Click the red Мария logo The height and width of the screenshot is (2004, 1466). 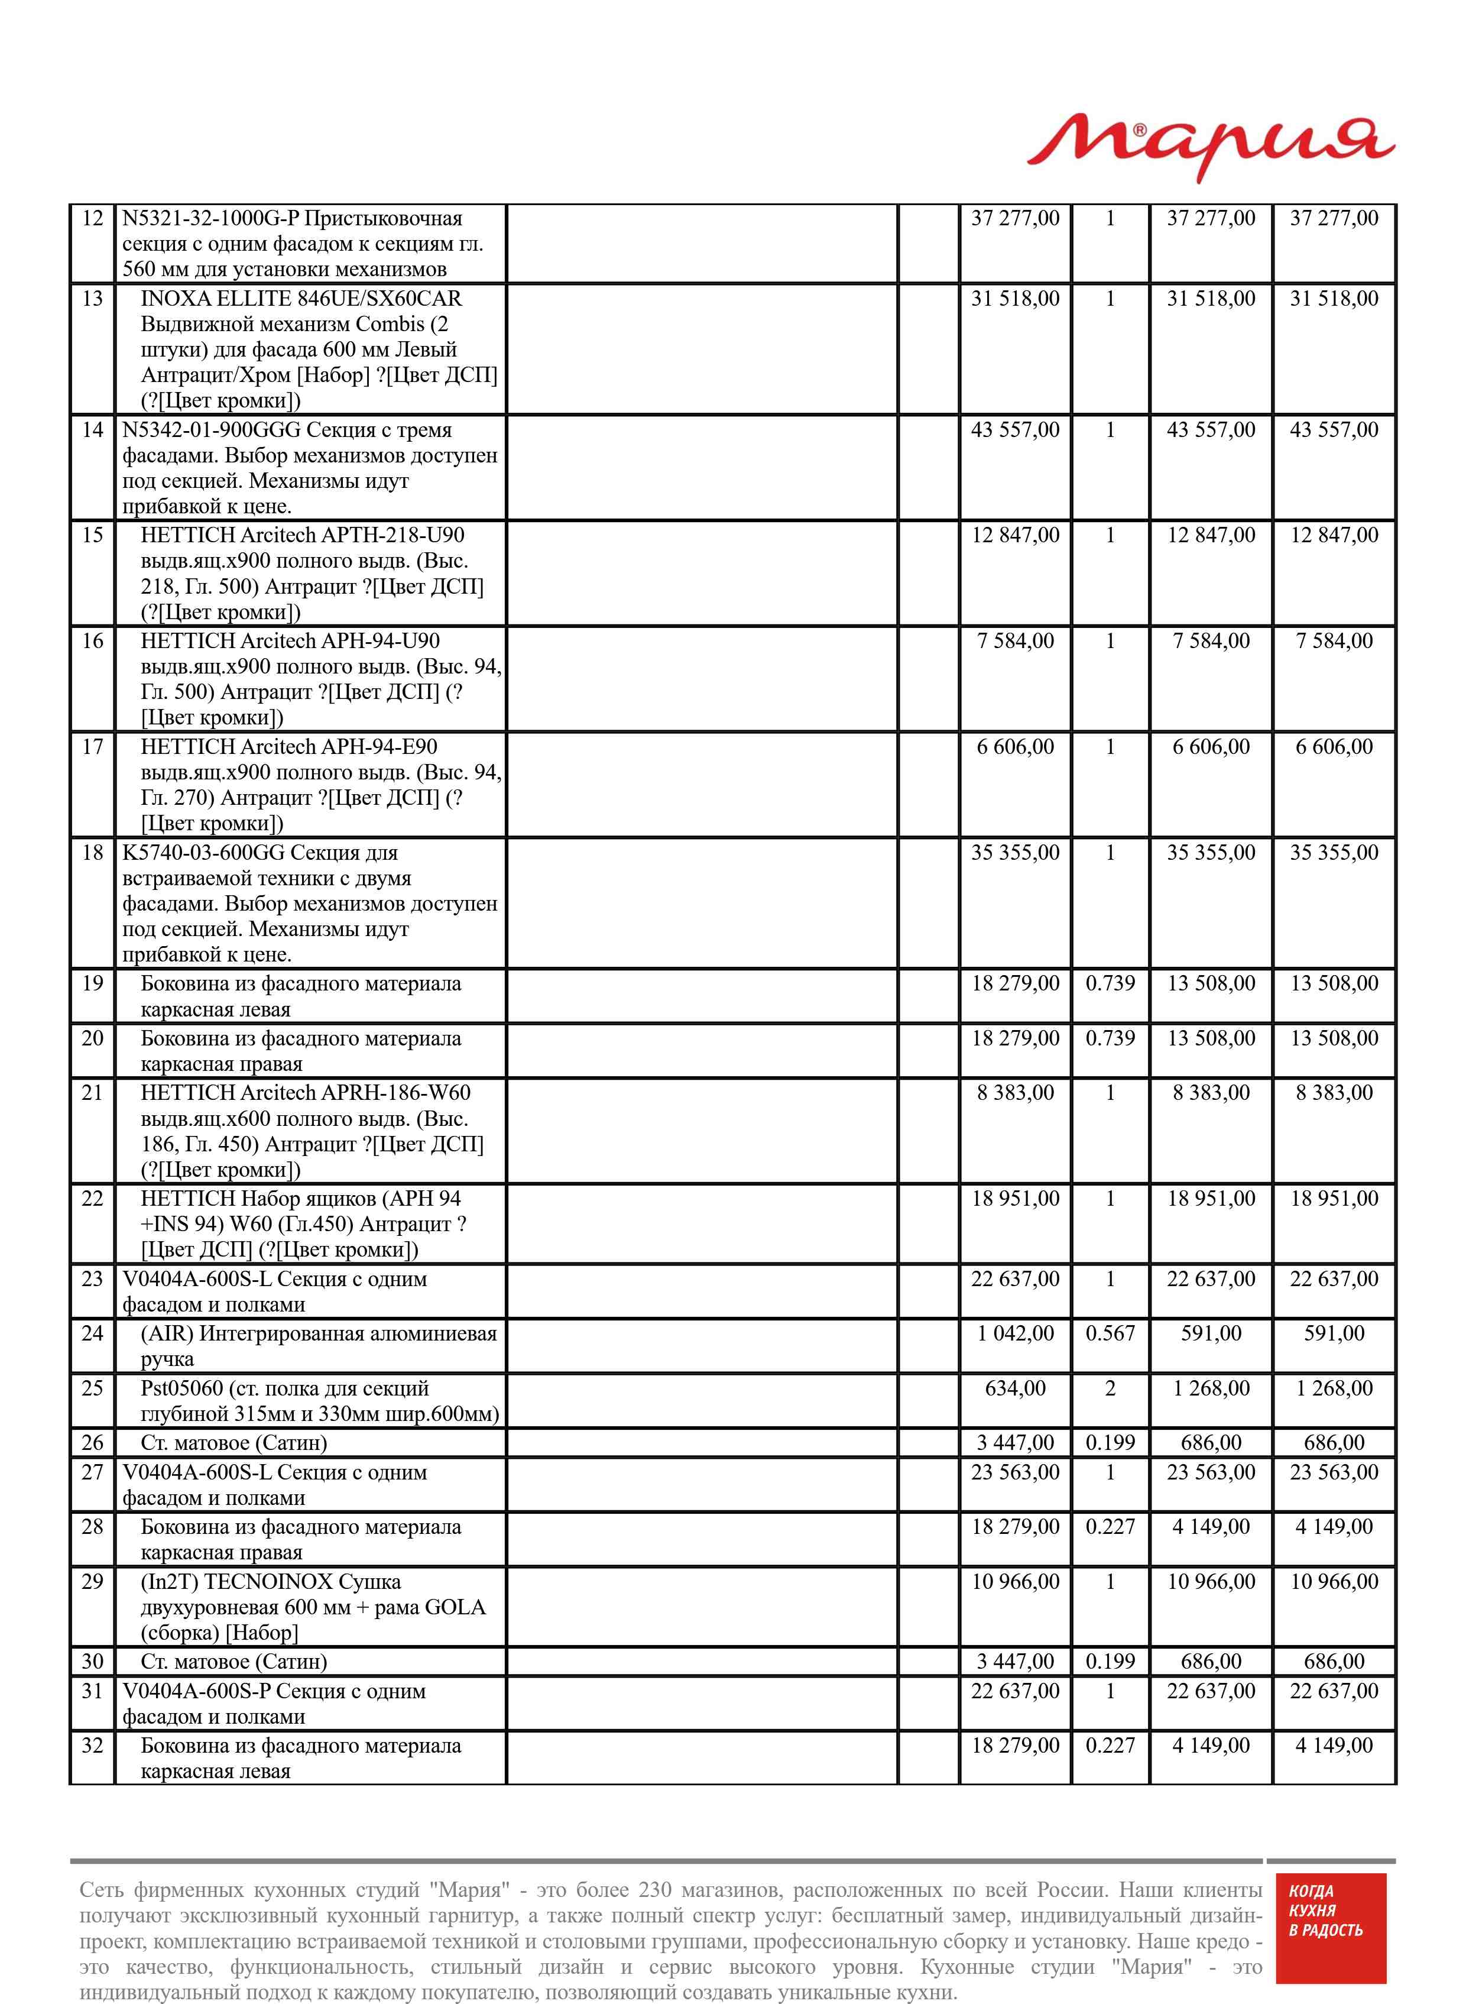pyautogui.click(x=1211, y=144)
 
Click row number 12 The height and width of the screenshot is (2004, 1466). pyautogui.click(x=92, y=218)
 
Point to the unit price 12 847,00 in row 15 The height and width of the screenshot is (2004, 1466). pyautogui.click(x=1015, y=535)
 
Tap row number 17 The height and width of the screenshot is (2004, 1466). pyautogui.click(x=92, y=746)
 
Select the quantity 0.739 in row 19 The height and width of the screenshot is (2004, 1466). pyautogui.click(x=1110, y=983)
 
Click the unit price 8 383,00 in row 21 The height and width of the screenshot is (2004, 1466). pyautogui.click(x=1015, y=1093)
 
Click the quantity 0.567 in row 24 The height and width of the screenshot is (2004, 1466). pyautogui.click(x=1110, y=1333)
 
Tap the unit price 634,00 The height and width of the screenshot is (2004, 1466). pyautogui.click(x=1015, y=1388)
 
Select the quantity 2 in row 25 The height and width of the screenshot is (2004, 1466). pyautogui.click(x=1110, y=1388)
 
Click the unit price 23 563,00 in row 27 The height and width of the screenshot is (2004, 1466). pyautogui.click(x=1015, y=1472)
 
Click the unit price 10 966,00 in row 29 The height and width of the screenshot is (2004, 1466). pyautogui.click(x=1015, y=1582)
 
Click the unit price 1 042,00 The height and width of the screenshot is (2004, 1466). pyautogui.click(x=1015, y=1333)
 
